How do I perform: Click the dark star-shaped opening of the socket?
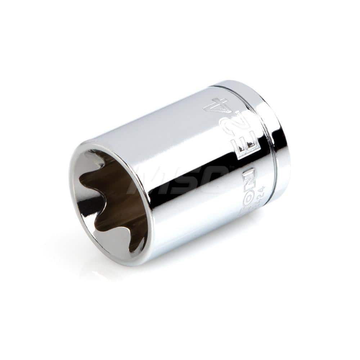[108, 202]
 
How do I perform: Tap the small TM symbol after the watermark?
[231, 166]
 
